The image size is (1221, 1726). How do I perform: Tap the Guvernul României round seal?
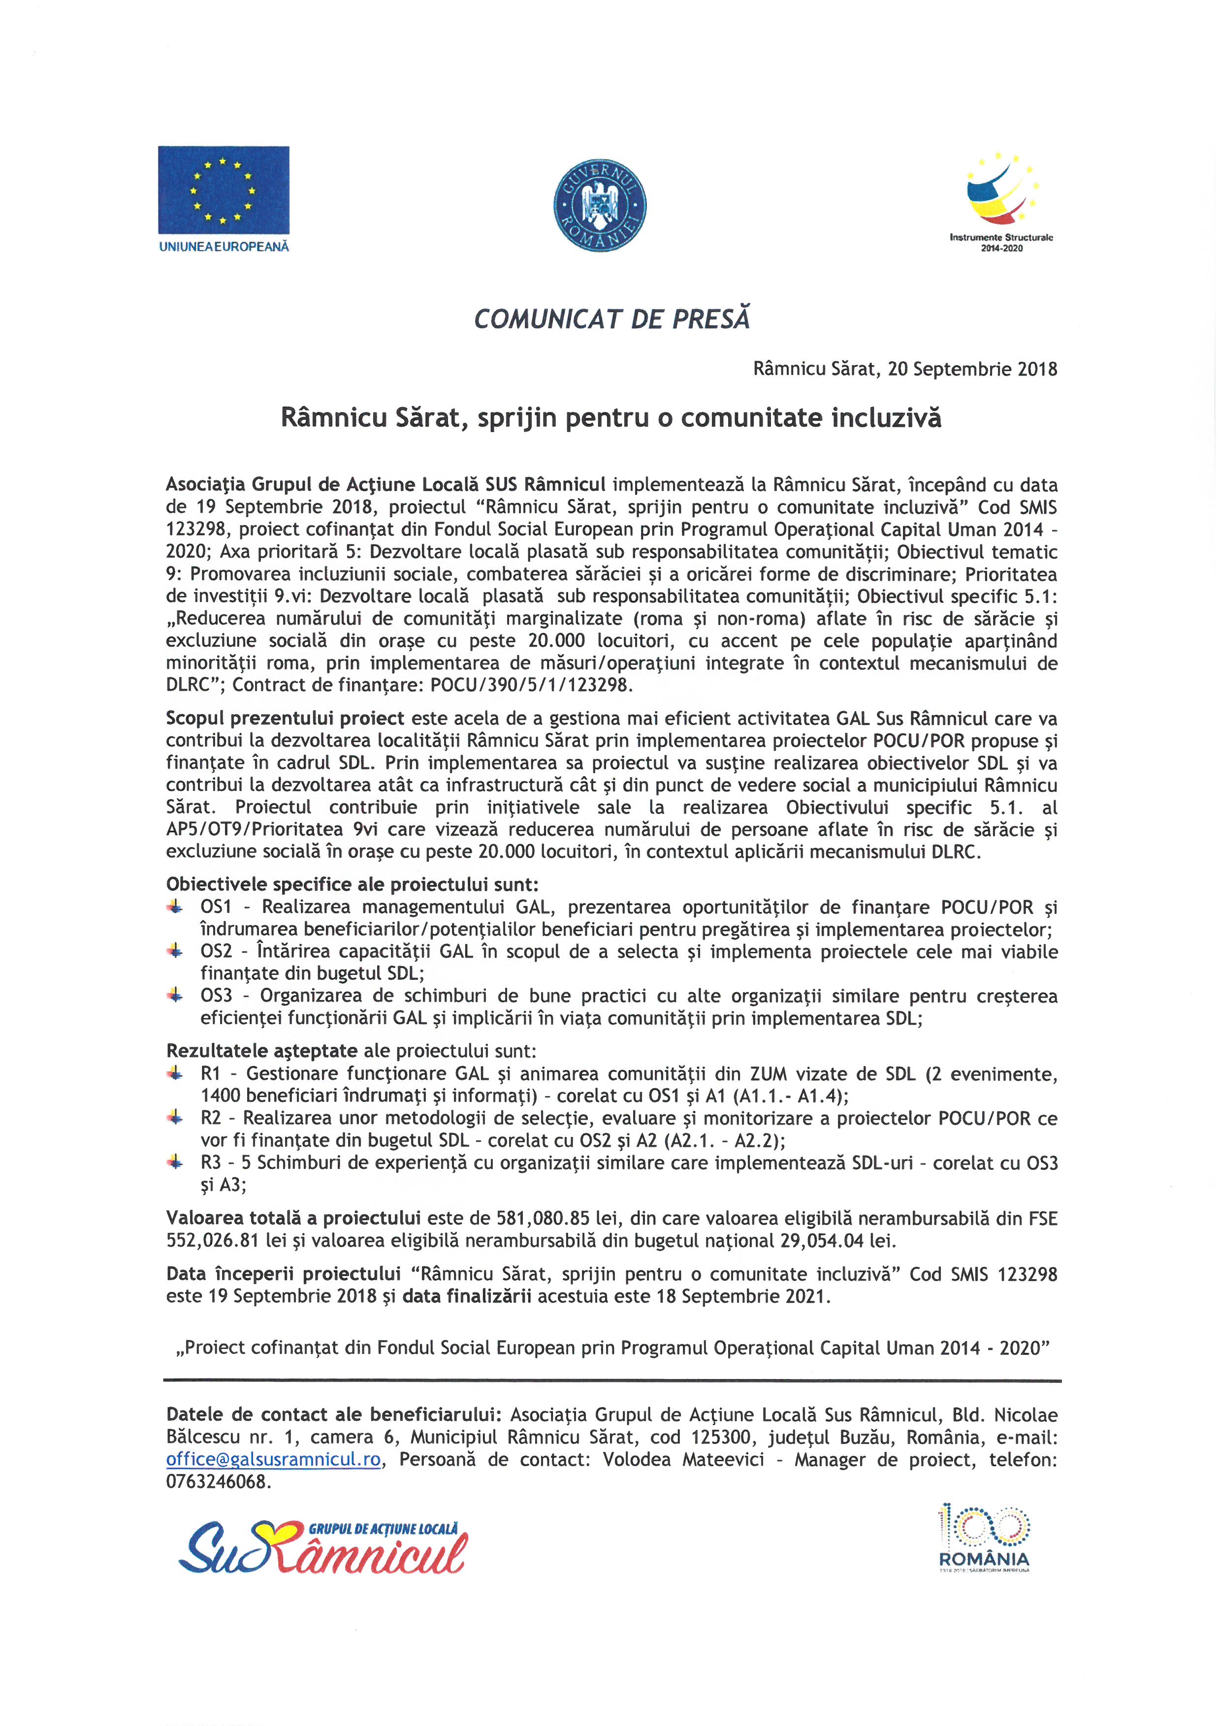[600, 204]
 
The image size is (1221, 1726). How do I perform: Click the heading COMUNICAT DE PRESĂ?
[612, 319]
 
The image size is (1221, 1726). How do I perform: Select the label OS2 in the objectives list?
[217, 952]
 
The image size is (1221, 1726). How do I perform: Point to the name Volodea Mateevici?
[683, 1459]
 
